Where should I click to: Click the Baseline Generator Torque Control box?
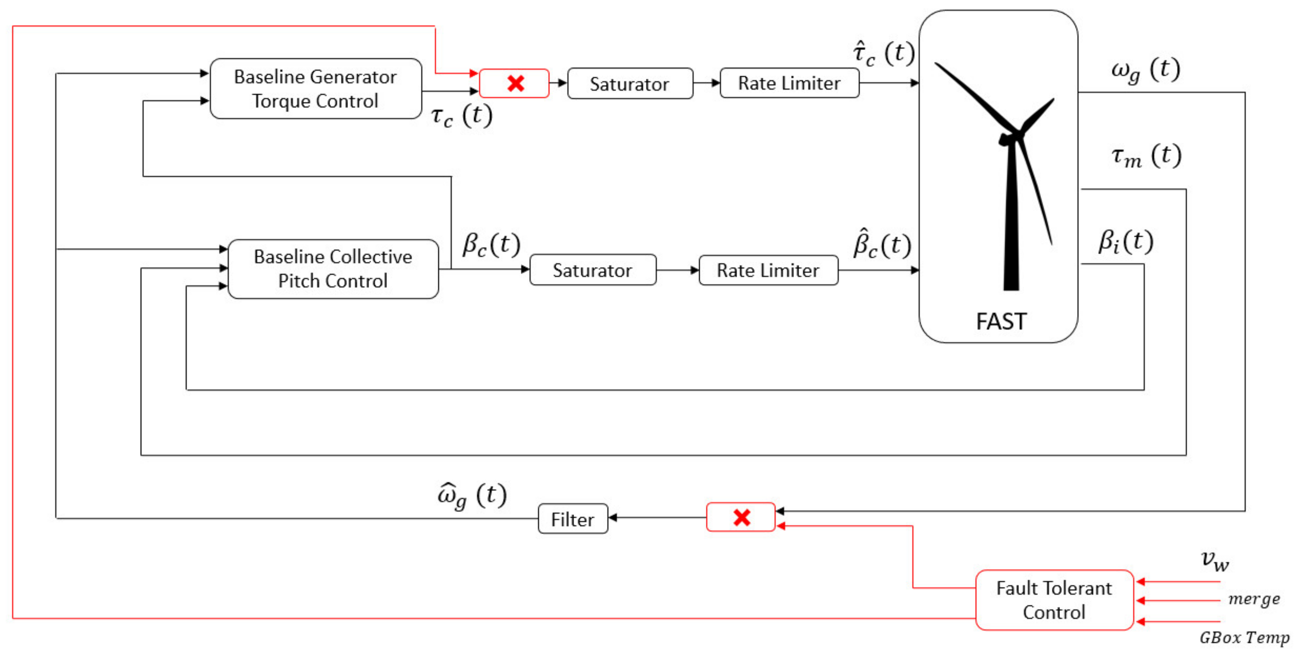(316, 89)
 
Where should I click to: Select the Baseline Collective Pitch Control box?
(333, 269)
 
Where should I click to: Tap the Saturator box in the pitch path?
(592, 270)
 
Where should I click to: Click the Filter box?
(572, 519)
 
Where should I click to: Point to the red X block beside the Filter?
(740, 517)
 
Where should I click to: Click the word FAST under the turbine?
(1001, 321)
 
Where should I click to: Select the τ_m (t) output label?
(1146, 156)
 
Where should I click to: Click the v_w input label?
(1214, 561)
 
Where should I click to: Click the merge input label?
(1254, 599)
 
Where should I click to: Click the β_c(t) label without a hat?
(491, 245)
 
